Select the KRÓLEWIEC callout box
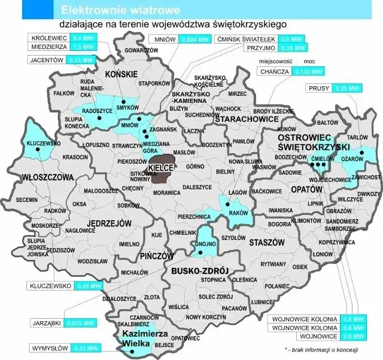48,38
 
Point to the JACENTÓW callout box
47,60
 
